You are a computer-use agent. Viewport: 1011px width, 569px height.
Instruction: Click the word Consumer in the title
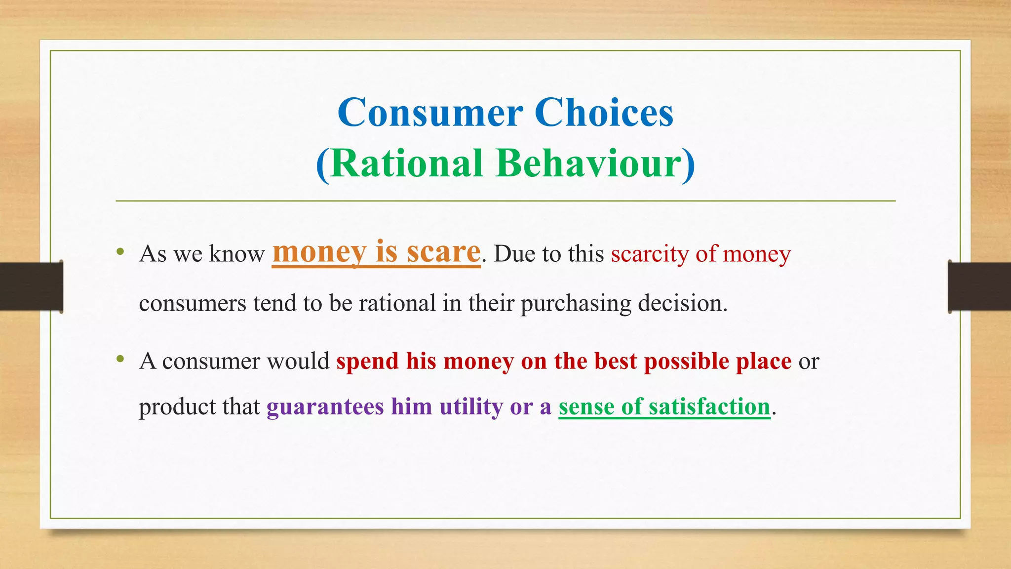tap(430, 113)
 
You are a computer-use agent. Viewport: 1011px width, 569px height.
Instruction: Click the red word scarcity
tap(649, 254)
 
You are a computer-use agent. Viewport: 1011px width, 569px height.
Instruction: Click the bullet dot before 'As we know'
tap(120, 252)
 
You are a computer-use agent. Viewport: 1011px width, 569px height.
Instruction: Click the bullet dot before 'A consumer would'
tap(120, 359)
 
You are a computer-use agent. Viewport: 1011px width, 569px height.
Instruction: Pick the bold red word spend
tap(367, 362)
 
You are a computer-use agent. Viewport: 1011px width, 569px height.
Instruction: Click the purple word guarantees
tap(325, 407)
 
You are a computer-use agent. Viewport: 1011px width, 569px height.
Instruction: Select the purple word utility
tap(471, 407)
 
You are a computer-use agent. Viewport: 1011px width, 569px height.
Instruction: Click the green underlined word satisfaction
tap(709, 407)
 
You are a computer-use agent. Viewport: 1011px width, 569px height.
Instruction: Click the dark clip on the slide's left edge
tap(31, 287)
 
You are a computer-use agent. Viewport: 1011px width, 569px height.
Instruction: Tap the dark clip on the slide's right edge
tap(979, 287)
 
